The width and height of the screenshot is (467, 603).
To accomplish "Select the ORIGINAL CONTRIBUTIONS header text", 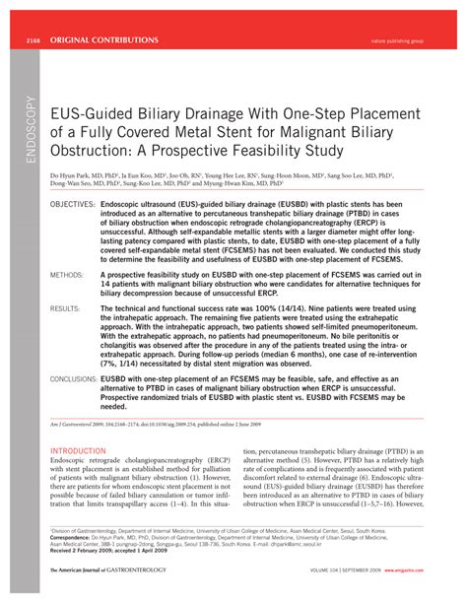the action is (x=102, y=39).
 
